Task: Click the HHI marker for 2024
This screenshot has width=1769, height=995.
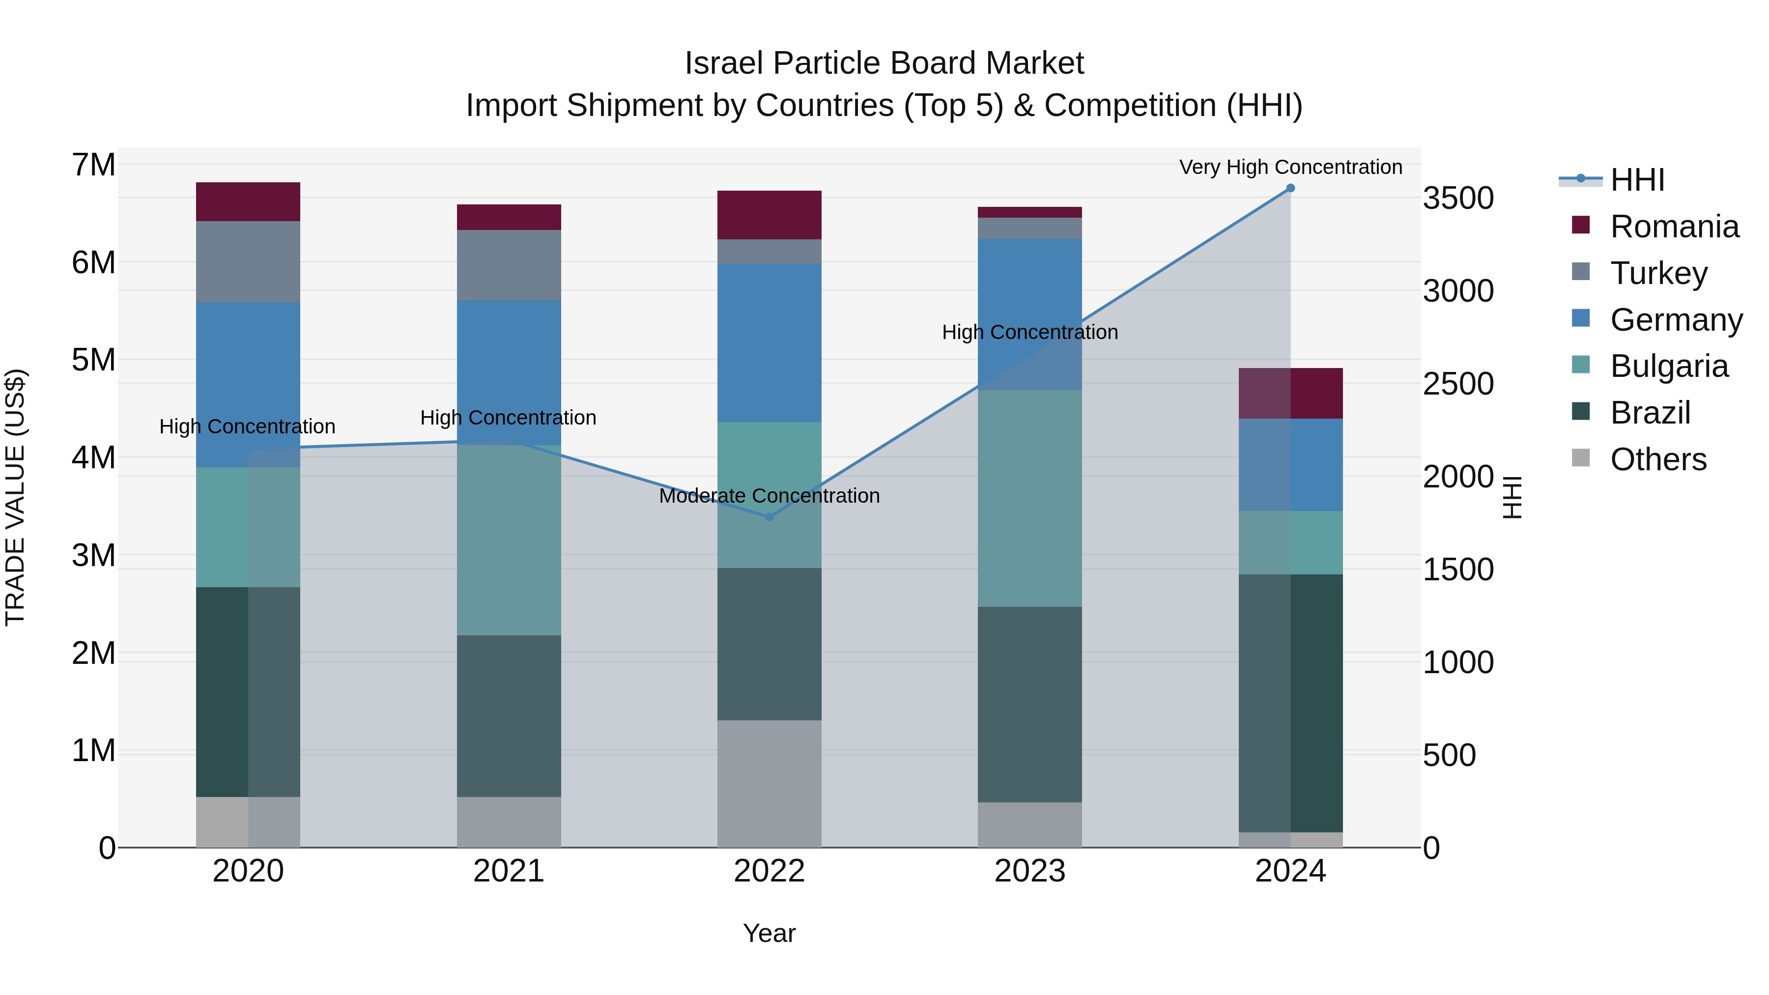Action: [1290, 188]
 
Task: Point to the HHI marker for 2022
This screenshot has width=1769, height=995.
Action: [769, 517]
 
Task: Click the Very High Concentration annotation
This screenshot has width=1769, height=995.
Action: [1290, 167]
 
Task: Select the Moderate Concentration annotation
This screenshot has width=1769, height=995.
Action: [769, 496]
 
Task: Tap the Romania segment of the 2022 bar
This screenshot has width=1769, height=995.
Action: [769, 215]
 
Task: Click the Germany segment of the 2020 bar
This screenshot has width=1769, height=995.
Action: [248, 385]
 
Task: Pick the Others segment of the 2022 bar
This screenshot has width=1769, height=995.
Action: [769, 784]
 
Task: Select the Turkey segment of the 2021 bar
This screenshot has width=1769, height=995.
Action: [509, 265]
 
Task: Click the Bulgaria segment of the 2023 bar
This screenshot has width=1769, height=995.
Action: [1029, 499]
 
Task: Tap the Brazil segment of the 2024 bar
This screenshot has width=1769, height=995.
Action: [1290, 703]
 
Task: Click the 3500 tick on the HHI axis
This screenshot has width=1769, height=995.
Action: [1457, 199]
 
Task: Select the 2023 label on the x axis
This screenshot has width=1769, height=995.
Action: [1029, 871]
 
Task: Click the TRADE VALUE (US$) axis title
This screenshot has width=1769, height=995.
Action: [15, 497]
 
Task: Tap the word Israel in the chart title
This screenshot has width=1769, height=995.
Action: [724, 63]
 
